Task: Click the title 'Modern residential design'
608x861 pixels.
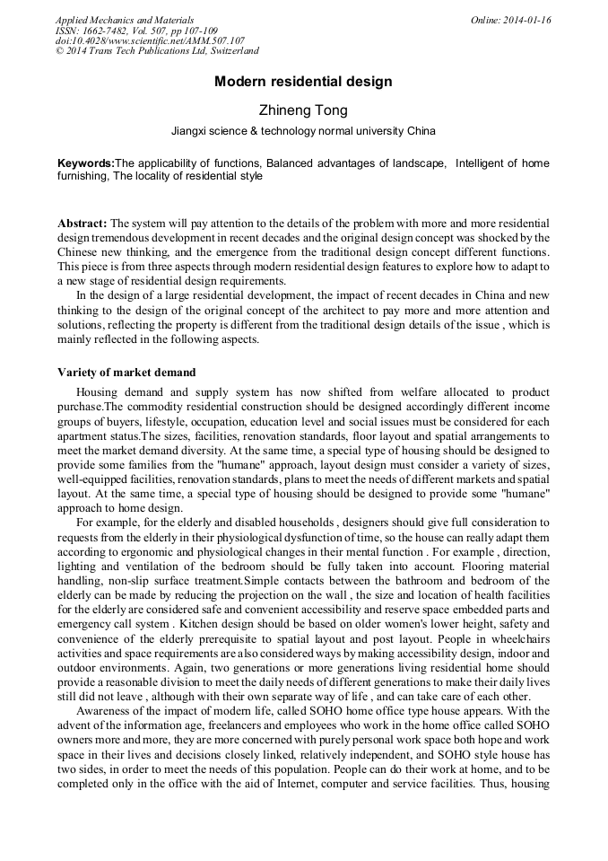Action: click(x=303, y=82)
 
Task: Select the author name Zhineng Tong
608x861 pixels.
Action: click(x=303, y=110)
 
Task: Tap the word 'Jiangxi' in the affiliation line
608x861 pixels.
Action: click(x=191, y=131)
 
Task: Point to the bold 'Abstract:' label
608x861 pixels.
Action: click(x=83, y=223)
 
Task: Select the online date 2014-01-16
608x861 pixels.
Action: click(x=528, y=20)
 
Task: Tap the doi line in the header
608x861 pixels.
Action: click(x=150, y=41)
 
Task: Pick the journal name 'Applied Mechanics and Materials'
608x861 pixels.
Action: click(x=125, y=20)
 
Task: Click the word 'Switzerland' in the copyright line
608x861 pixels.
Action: click(x=234, y=52)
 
